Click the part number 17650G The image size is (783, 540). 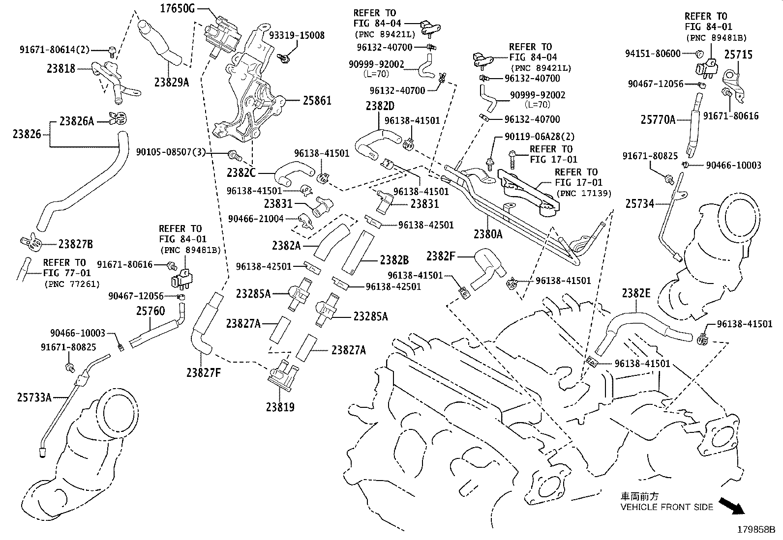pos(178,8)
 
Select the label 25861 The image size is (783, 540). pos(317,101)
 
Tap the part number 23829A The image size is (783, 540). pos(171,83)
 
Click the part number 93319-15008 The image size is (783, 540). pos(297,35)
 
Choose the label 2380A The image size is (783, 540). pos(488,234)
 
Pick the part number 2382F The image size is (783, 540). pos(441,256)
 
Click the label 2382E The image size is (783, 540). pos(636,293)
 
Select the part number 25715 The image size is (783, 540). pos(738,55)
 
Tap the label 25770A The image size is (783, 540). pos(658,119)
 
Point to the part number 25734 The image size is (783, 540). pos(640,203)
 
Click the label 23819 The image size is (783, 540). pos(280,407)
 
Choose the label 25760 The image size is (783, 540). pos(151,311)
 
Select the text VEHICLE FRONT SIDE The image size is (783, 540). pos(666,507)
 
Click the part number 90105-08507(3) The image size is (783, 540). pos(171,152)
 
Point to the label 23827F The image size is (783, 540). pos(204,373)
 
